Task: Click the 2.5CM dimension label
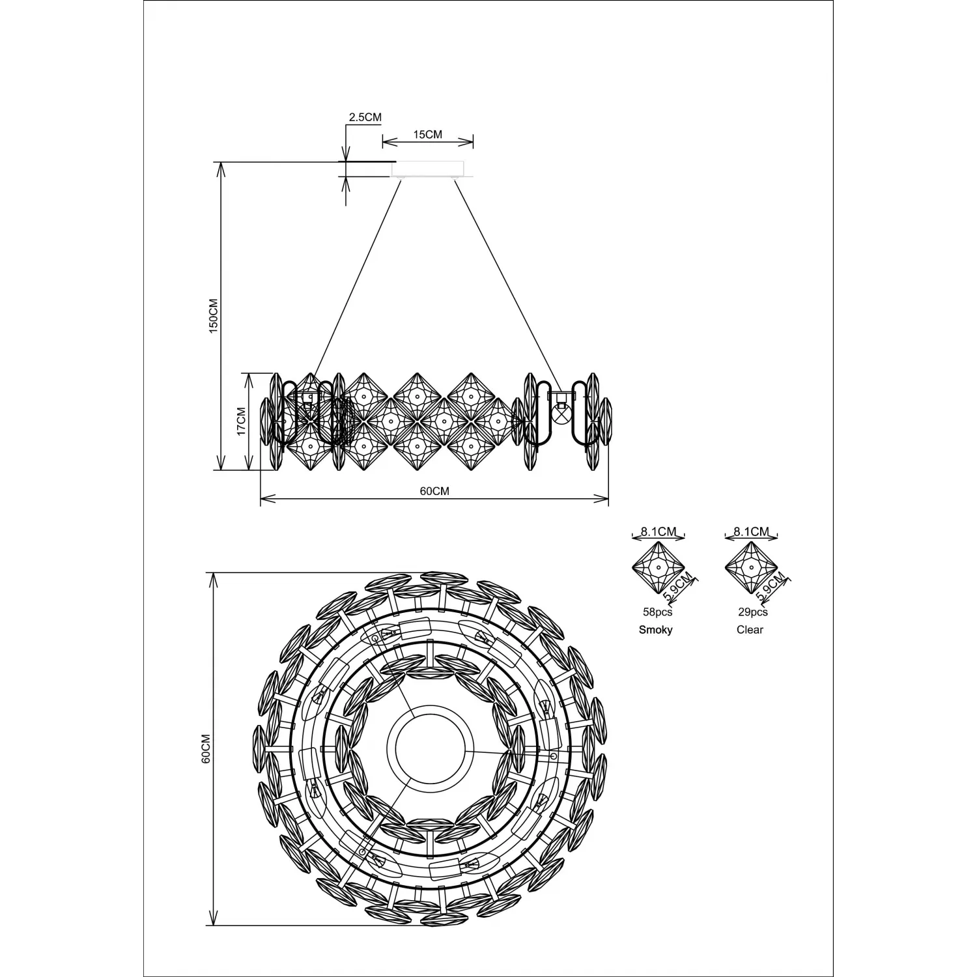point(365,117)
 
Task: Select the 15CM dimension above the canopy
point(428,134)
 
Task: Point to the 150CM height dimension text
point(214,316)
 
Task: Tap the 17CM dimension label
point(240,421)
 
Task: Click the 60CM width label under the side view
point(434,491)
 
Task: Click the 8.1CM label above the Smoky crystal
point(658,531)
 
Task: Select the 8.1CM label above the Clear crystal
point(752,531)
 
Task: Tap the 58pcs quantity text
point(657,612)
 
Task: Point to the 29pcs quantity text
point(752,612)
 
